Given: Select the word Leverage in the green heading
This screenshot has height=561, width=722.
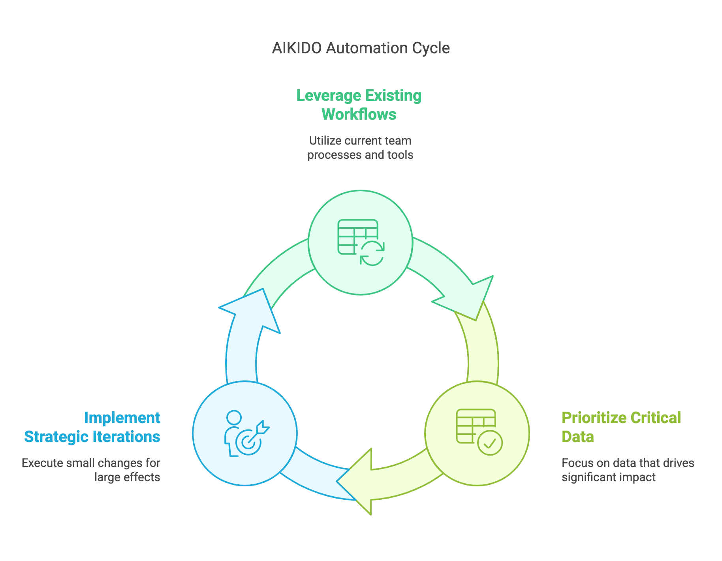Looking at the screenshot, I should coord(328,96).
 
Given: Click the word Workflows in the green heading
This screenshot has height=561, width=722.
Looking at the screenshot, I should coord(359,115).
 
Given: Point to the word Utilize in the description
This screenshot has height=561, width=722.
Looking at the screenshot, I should coord(325,141).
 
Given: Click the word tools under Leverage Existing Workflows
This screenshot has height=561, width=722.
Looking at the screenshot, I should coord(400,155).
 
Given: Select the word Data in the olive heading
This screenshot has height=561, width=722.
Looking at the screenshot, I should coord(577,437).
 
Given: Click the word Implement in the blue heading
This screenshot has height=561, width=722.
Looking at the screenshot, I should coord(122,418).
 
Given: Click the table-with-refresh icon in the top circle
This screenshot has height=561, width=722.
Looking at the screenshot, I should coord(361,242).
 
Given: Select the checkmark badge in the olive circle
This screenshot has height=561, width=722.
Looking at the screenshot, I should coord(490,443).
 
